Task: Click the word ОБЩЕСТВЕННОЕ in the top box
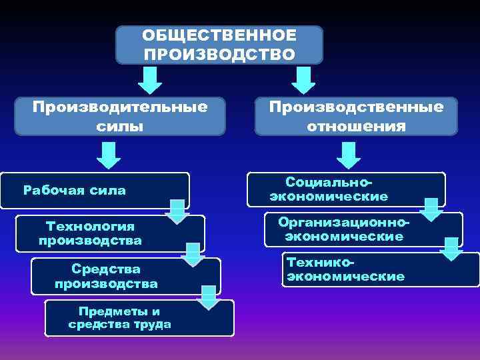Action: click(219, 35)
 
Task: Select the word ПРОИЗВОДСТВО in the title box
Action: click(219, 53)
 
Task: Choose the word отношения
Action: click(356, 125)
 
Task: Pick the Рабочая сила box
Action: click(93, 191)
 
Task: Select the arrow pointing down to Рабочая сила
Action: click(108, 155)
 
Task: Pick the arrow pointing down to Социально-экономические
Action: click(348, 155)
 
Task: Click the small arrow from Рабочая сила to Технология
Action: click(177, 211)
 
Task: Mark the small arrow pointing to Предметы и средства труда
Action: click(209, 297)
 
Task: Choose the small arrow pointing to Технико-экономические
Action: click(451, 249)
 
